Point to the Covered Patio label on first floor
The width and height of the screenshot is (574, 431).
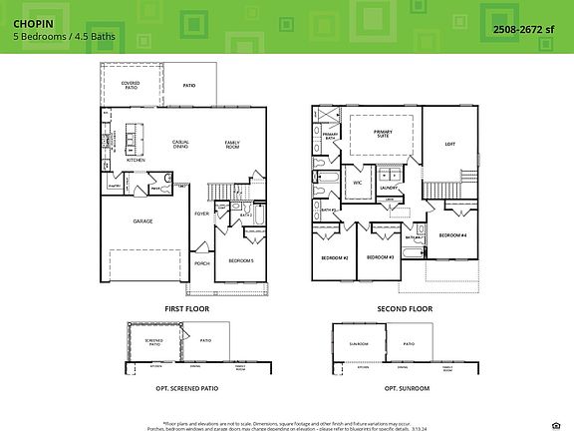click(x=130, y=85)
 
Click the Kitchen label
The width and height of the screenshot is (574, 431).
click(x=136, y=160)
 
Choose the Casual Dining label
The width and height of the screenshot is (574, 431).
click(x=181, y=144)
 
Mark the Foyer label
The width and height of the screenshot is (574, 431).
click(x=201, y=214)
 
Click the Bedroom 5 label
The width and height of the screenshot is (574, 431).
click(x=241, y=260)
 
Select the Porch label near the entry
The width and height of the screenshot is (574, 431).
click(x=201, y=263)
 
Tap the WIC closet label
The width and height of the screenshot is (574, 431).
click(x=357, y=183)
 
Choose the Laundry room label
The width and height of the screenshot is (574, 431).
click(x=389, y=187)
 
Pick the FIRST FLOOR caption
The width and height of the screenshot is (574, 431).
click(x=187, y=310)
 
